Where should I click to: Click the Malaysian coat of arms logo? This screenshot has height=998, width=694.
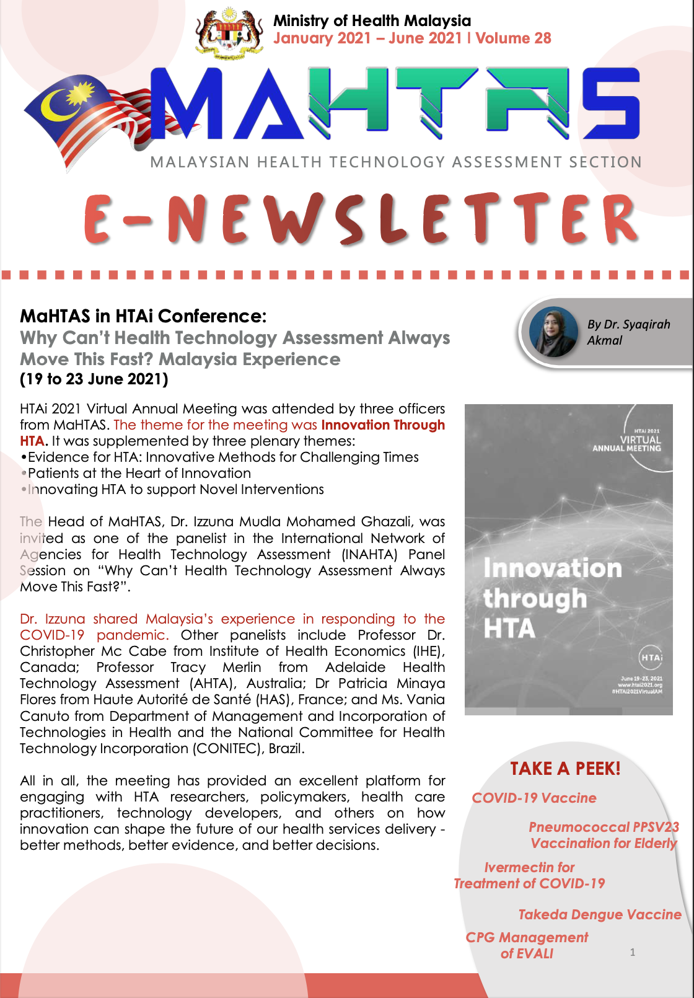click(229, 34)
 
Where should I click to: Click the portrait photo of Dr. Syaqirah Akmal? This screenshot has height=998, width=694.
click(553, 332)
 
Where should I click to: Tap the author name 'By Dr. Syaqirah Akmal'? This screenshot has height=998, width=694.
click(628, 332)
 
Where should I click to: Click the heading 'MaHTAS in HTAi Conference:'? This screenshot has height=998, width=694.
click(143, 316)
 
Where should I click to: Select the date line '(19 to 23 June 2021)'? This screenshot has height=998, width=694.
click(94, 379)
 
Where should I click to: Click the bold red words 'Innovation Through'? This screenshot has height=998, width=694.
click(383, 425)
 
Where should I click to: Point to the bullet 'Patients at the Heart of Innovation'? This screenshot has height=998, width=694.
click(139, 474)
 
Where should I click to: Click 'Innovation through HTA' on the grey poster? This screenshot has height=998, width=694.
click(551, 598)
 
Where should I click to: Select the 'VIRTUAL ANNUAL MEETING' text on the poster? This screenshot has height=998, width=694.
click(627, 444)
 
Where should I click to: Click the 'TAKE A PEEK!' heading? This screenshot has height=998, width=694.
click(565, 769)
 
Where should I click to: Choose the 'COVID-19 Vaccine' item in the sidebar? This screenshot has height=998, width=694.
click(534, 798)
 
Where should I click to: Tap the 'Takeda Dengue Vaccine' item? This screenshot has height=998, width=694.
click(599, 915)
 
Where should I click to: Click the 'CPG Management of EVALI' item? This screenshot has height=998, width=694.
click(527, 945)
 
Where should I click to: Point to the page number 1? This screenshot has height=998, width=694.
click(633, 952)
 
